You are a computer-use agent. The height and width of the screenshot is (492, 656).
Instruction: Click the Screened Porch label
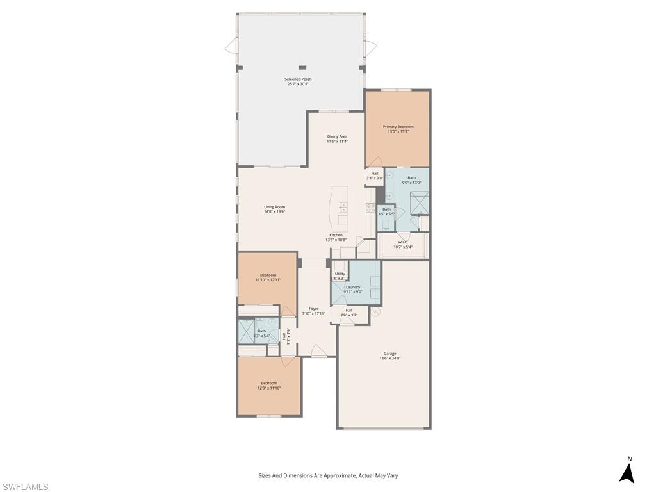click(298, 79)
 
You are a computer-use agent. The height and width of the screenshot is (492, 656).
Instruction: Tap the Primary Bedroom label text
click(398, 127)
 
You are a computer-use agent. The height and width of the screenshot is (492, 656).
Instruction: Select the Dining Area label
click(337, 136)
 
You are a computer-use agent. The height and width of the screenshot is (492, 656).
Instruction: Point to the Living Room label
click(274, 207)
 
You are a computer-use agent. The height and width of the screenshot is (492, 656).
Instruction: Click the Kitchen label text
click(336, 235)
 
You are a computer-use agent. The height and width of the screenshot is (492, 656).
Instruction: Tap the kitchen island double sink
click(343, 207)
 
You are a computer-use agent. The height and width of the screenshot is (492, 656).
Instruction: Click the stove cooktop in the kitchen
click(370, 207)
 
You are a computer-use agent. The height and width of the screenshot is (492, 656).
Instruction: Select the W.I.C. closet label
click(402, 242)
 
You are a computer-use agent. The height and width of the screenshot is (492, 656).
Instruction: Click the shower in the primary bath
click(420, 203)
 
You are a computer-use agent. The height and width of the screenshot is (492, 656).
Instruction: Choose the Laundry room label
click(353, 287)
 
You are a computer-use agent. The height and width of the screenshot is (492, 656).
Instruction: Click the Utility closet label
click(340, 274)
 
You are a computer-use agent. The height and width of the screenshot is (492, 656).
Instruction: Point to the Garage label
click(389, 354)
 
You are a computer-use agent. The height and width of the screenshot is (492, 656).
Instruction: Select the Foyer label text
click(313, 309)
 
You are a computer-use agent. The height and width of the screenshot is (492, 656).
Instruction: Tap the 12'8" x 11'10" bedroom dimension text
click(269, 388)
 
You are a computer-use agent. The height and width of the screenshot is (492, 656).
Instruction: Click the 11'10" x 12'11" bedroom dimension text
click(268, 280)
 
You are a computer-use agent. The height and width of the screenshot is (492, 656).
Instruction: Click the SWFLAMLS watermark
click(26, 487)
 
